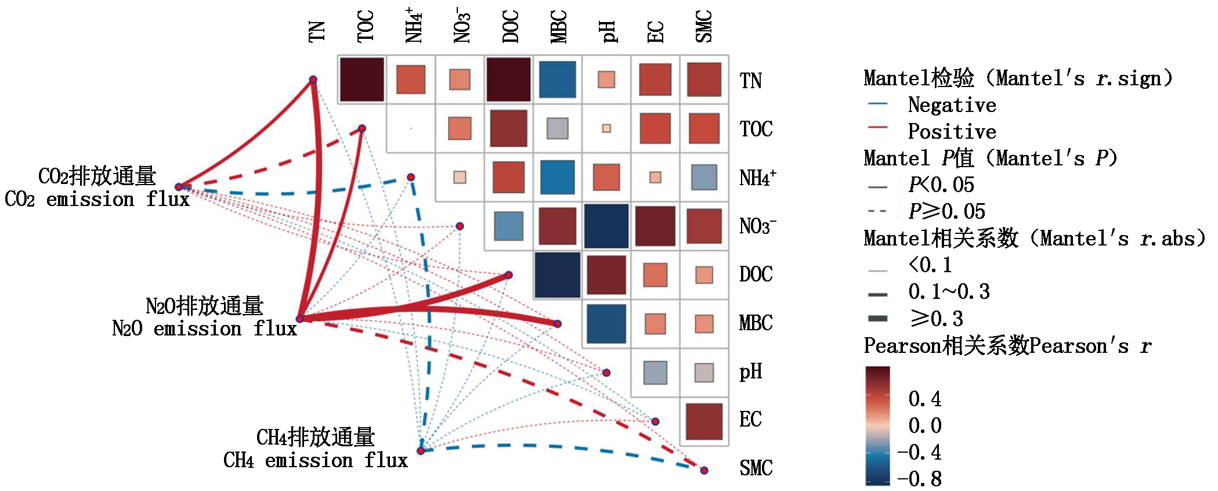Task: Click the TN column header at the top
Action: click(x=317, y=31)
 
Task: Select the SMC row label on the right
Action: click(x=756, y=468)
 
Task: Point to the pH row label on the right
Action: click(x=750, y=371)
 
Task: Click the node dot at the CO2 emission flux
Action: click(x=179, y=187)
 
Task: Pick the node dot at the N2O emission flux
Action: click(x=300, y=319)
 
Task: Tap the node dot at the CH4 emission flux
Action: click(x=421, y=451)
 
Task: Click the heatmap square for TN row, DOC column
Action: click(x=508, y=80)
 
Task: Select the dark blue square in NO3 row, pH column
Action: click(x=606, y=226)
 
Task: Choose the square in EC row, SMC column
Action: click(x=704, y=421)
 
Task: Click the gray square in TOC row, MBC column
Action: click(x=558, y=128)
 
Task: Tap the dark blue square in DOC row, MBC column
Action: click(x=558, y=275)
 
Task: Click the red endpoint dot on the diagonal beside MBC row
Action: click(x=558, y=324)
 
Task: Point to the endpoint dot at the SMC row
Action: click(x=704, y=470)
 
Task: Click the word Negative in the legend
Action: click(x=952, y=105)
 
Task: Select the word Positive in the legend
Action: click(x=952, y=132)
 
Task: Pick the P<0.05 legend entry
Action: click(x=941, y=185)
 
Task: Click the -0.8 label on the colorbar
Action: click(x=919, y=479)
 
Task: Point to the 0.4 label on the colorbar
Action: click(x=924, y=399)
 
